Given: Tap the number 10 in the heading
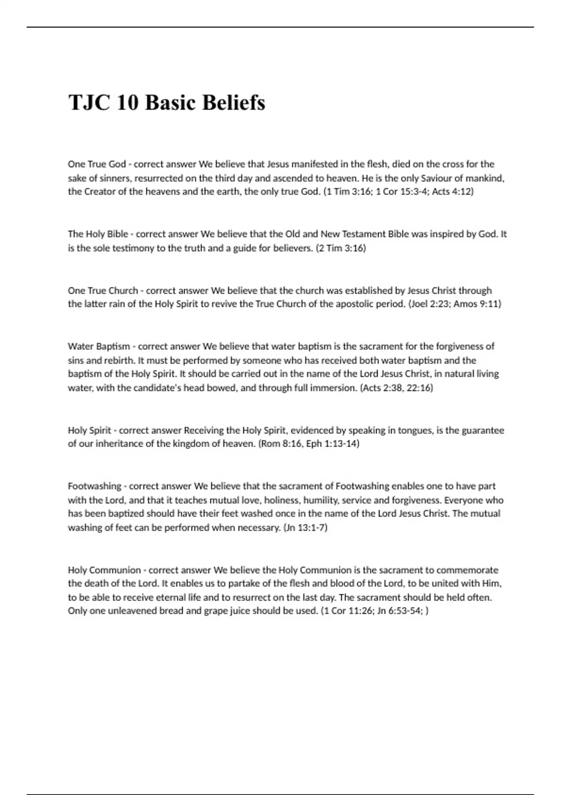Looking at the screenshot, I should (127, 102).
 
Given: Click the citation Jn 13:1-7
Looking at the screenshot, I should (305, 528).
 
